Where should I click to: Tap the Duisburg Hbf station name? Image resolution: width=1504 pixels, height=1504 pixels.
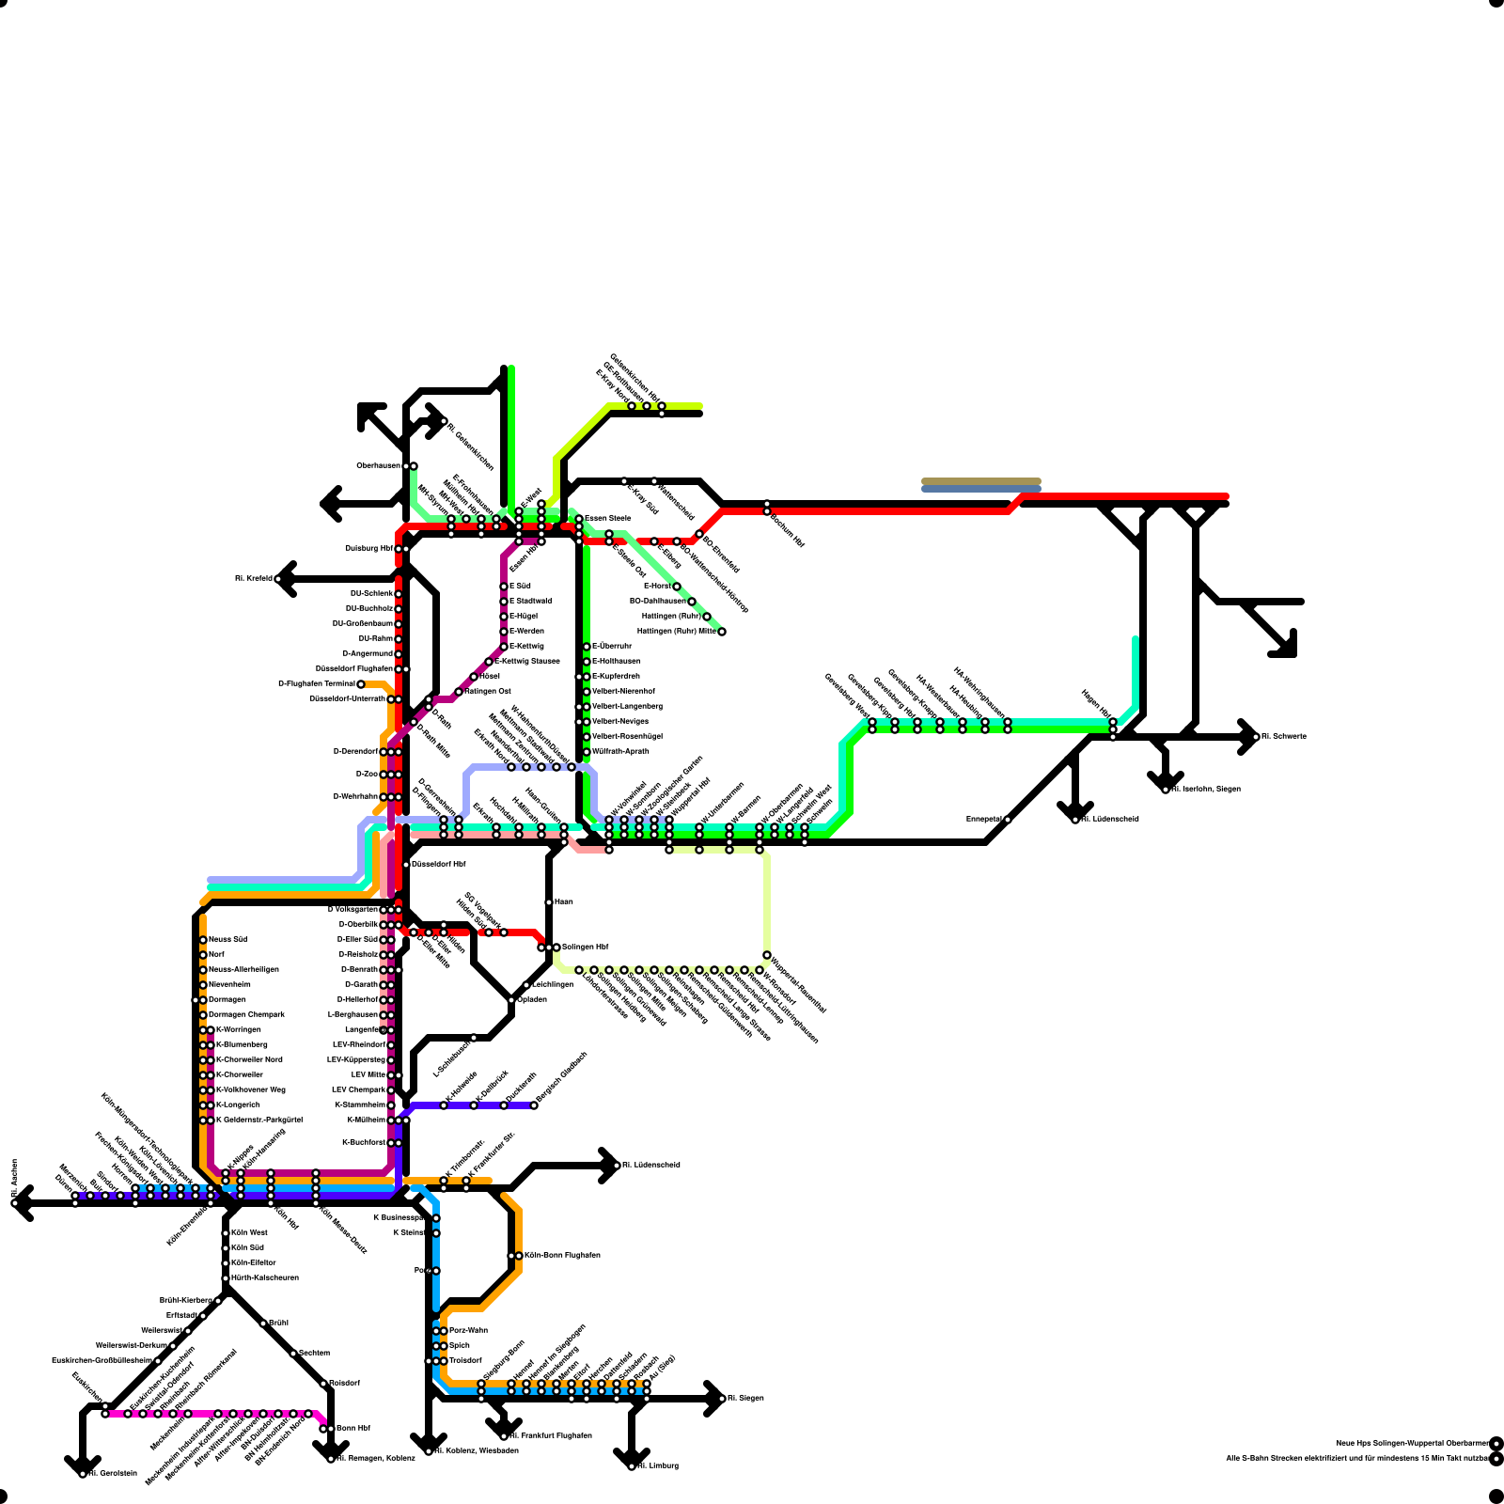click(368, 548)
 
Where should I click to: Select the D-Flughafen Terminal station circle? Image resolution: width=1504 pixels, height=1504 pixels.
click(361, 684)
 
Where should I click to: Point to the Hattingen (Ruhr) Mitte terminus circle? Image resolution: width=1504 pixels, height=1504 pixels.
click(722, 632)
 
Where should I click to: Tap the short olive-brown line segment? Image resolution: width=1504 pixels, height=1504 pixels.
click(980, 481)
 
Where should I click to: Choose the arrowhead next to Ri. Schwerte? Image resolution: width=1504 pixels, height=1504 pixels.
click(1249, 737)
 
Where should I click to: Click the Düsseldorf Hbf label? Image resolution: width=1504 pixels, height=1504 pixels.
click(439, 864)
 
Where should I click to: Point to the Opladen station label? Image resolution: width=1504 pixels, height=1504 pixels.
click(532, 999)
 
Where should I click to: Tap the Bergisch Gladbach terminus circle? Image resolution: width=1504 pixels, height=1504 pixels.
click(534, 1105)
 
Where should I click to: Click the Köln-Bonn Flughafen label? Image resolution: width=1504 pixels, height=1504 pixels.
click(562, 1255)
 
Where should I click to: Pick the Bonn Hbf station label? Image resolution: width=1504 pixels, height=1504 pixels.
click(352, 1428)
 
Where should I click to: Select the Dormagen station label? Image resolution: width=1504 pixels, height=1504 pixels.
click(227, 999)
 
